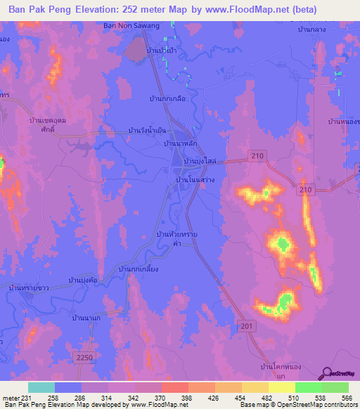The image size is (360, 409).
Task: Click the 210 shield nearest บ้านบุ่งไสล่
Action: pos(257,154)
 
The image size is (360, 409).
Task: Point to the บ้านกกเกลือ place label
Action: pos(167,99)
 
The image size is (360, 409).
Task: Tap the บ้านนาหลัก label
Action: pos(179,143)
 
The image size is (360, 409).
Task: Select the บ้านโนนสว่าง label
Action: pos(195,180)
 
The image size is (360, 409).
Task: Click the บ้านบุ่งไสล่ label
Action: pos(199,162)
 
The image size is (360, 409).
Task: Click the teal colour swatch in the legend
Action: pos(41,387)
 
